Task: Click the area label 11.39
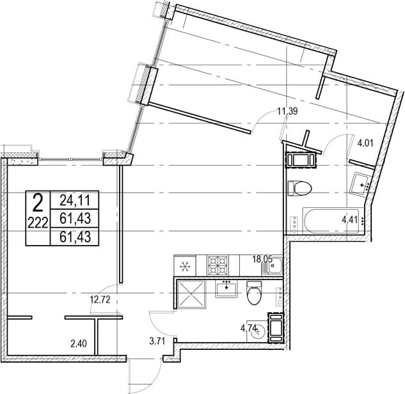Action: [287, 111]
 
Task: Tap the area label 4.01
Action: [365, 143]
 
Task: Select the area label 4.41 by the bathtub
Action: [349, 220]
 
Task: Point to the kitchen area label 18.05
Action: [262, 259]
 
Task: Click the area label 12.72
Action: [100, 300]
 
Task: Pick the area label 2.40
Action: [79, 343]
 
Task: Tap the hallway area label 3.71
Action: [157, 341]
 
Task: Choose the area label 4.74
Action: [249, 328]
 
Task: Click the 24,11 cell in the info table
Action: [75, 200]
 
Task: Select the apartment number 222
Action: [38, 223]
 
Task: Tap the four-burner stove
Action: [218, 265]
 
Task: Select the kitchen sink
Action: [272, 265]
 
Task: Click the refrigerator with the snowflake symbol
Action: [185, 265]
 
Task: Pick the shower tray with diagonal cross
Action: [191, 294]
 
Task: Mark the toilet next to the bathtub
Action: [299, 188]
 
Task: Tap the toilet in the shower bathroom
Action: [254, 293]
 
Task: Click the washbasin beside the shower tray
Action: [226, 289]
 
